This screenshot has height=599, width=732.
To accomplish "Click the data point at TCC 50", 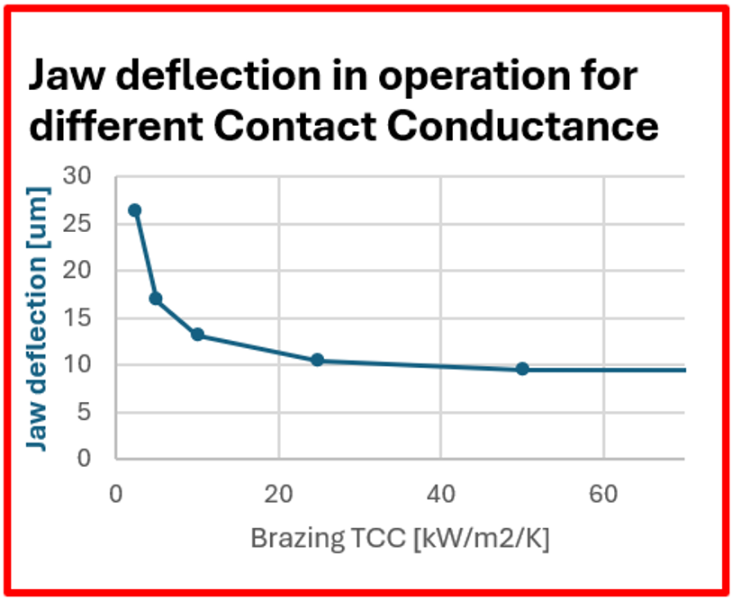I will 522,369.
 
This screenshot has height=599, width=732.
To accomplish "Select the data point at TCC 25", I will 317,360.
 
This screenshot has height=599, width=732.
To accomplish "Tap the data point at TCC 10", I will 197,335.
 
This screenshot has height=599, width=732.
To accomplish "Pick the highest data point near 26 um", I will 135,210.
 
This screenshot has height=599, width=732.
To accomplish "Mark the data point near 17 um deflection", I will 155,298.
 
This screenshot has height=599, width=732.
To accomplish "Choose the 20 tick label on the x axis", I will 278,496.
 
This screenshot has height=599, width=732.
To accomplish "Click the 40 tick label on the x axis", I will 440,496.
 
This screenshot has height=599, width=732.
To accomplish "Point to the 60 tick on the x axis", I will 603,496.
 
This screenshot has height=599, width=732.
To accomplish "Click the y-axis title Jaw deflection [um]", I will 38,317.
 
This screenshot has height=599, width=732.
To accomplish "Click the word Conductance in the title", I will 529,127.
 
